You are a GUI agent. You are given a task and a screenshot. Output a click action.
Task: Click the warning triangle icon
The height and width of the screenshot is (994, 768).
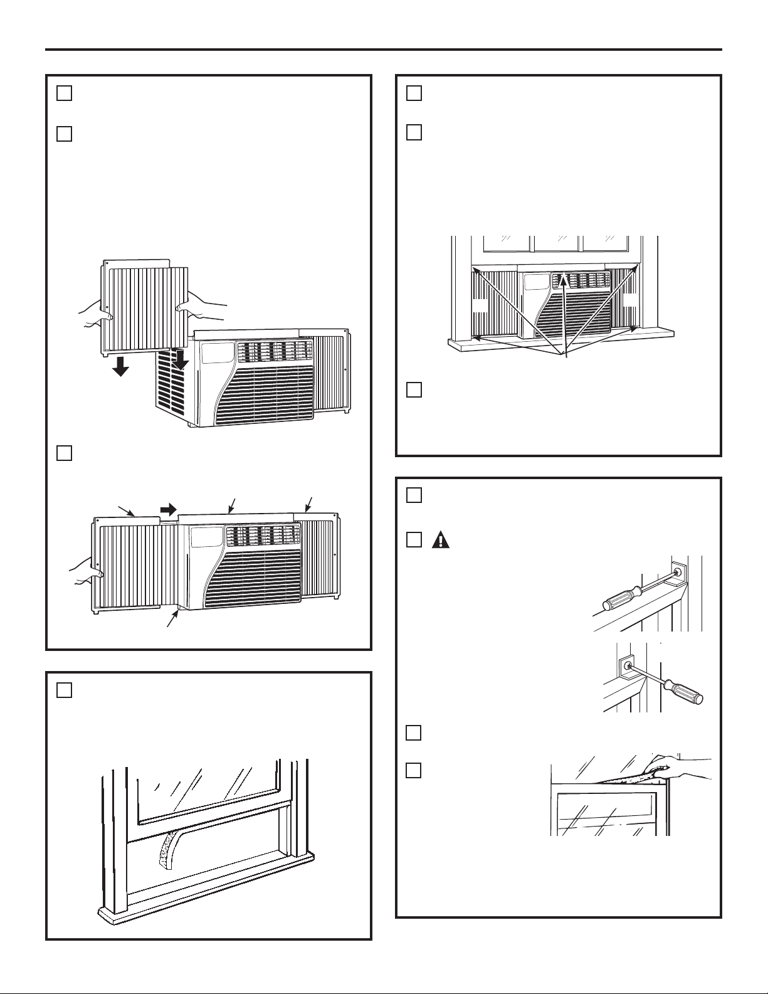[x=441, y=540]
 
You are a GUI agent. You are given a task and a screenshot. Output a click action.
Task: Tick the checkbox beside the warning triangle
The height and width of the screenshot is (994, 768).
[x=413, y=540]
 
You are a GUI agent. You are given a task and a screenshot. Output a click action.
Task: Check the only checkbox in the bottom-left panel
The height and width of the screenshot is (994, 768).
[x=65, y=690]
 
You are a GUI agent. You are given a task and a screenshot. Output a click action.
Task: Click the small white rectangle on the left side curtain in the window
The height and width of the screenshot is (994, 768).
[x=480, y=305]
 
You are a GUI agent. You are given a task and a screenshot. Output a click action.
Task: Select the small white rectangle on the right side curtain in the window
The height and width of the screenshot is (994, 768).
[x=630, y=301]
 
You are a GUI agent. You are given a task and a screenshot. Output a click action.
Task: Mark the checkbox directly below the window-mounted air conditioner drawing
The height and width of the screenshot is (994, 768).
[x=413, y=389]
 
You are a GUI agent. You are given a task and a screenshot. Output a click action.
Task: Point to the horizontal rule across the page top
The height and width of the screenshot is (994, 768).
[x=384, y=50]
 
